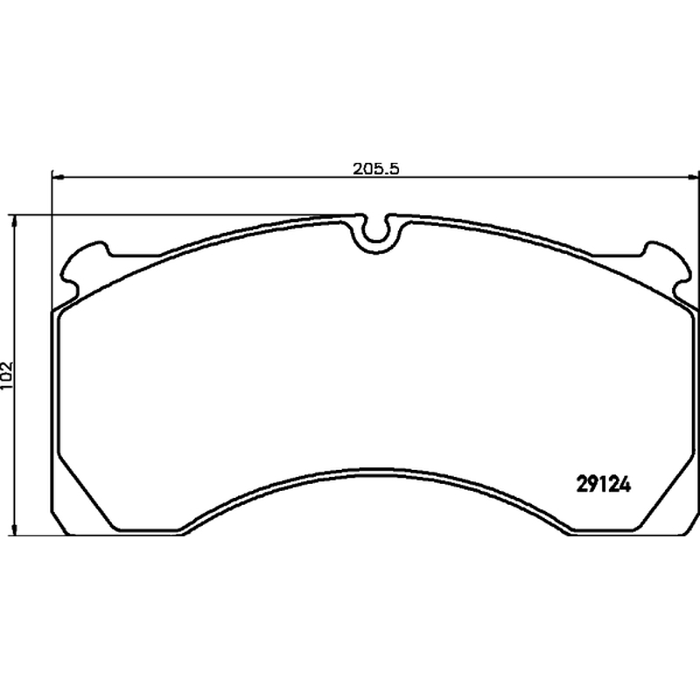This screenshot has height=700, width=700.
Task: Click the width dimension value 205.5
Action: [375, 169]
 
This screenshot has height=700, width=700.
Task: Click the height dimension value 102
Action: [8, 375]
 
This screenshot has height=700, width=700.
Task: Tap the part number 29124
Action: [604, 485]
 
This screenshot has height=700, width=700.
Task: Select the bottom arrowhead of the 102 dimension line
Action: [15, 529]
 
